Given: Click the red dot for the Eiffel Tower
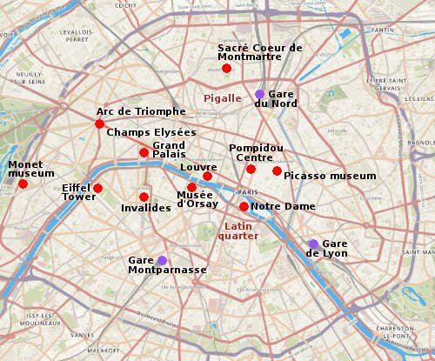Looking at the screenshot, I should pos(98,189).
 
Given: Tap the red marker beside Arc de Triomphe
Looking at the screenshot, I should pos(100,124).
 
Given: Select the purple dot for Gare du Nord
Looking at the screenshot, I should pos(259,94).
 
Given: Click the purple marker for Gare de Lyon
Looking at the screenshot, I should pos(313,244).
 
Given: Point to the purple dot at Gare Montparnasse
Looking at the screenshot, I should pos(162,260).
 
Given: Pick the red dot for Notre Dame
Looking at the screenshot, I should pos(244,206).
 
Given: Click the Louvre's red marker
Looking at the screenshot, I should pos(207,177).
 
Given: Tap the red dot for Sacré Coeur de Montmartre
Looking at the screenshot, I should pos(226,68).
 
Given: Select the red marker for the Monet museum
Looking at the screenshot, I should pos(23,184).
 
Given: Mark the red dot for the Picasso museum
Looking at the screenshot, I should pos(277,170).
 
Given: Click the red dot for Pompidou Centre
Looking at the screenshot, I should pos(251,169).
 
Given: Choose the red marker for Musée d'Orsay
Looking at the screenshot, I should pos(191,187).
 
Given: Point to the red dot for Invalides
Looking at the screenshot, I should pos(144,197).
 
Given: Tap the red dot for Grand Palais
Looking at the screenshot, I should pos(144,153).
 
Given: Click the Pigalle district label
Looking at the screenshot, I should pos(222,98).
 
